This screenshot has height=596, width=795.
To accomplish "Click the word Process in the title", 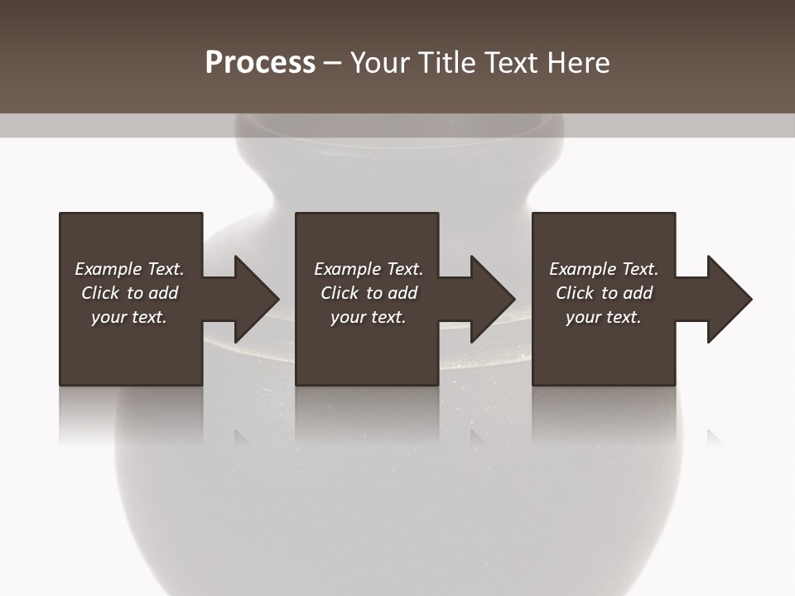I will tap(260, 63).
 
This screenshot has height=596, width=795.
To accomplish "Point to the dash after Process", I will tap(332, 64).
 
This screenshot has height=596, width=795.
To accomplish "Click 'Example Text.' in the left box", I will tap(129, 269).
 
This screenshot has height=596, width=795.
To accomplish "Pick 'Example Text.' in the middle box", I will tap(369, 269).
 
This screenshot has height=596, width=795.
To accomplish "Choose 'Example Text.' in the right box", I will tap(604, 269).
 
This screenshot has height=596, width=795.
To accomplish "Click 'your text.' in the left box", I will tap(129, 317).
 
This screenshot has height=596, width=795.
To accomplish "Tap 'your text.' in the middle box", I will tap(369, 317).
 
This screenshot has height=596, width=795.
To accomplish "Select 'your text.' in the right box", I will tap(604, 317).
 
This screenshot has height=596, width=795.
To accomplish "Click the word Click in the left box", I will tap(101, 293).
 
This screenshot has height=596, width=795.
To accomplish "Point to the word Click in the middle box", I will tap(340, 293).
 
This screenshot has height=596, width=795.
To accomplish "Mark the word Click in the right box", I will tap(576, 293).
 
